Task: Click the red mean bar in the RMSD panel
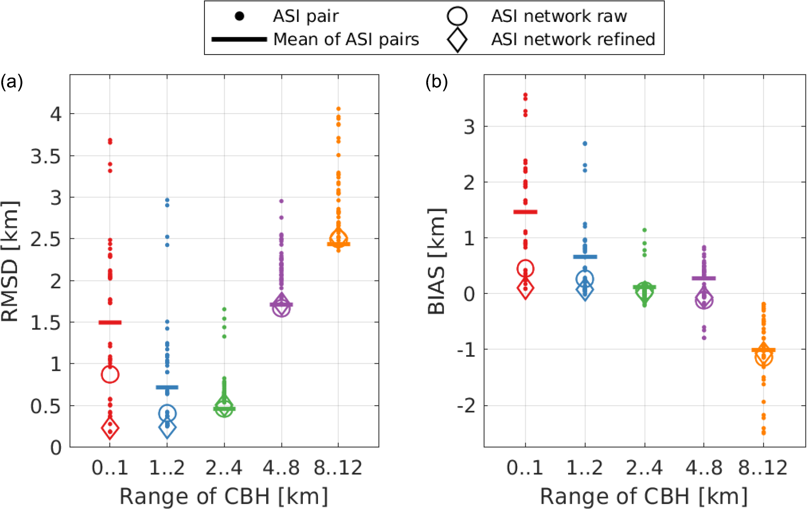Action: [110, 322]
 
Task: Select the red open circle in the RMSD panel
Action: [110, 374]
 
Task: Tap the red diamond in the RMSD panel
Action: [110, 428]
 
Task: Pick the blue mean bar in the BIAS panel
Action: [585, 257]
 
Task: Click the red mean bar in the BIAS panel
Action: [525, 212]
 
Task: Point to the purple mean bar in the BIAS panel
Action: [704, 278]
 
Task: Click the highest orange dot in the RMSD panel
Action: [339, 109]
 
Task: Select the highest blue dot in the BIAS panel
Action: [585, 144]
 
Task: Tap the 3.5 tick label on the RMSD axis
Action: [46, 157]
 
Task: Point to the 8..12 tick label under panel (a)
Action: [338, 468]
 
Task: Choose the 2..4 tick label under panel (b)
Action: [644, 468]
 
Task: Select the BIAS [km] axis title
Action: [437, 262]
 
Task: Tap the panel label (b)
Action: [437, 82]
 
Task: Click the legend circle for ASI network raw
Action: [457, 17]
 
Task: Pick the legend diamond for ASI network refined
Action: [457, 39]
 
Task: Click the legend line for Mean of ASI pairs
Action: [239, 39]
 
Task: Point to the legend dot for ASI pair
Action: [239, 17]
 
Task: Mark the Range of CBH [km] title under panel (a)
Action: [224, 496]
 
